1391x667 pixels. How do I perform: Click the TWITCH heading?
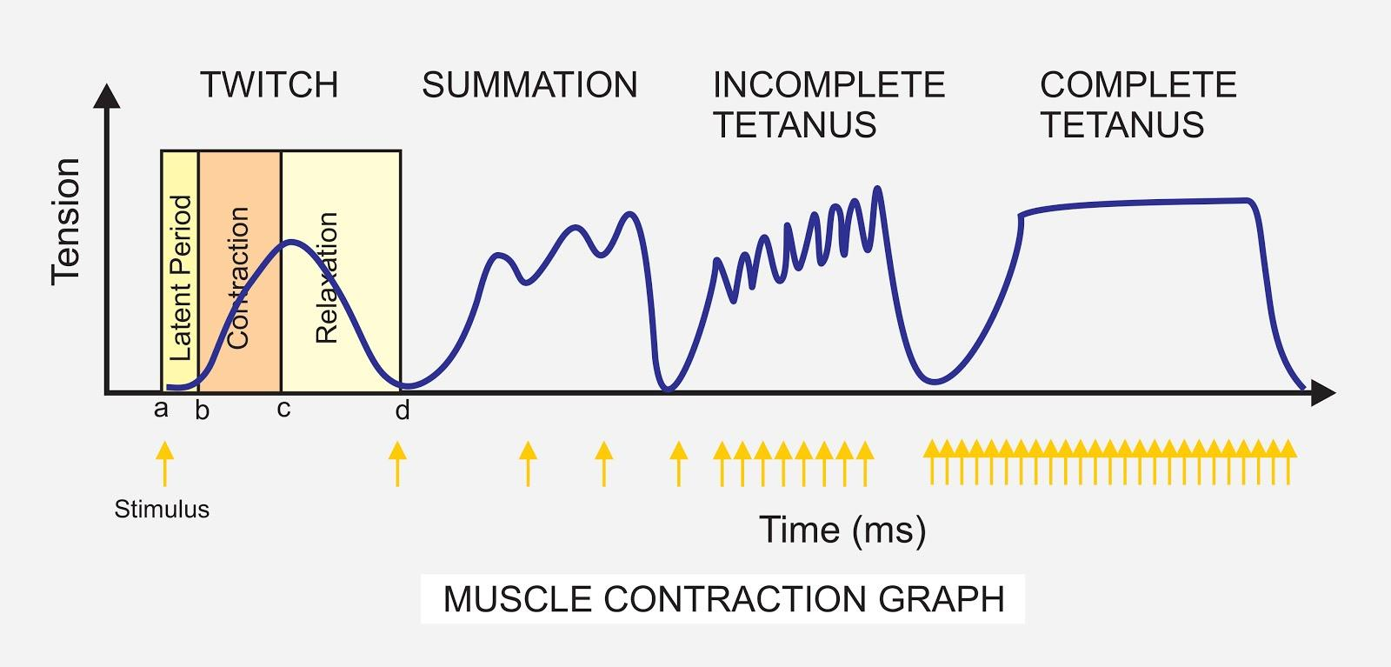coord(269,85)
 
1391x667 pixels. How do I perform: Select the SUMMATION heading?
coord(529,85)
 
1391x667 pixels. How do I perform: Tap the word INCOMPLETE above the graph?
coord(829,85)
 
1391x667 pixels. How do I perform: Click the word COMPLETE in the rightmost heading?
coord(1138,85)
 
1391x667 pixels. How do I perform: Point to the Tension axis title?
coord(66,221)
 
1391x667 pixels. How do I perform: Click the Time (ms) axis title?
coord(842,530)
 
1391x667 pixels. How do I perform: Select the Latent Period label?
coord(180,278)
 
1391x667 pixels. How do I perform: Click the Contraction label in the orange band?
coord(237,278)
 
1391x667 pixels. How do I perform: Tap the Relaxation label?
coord(326,278)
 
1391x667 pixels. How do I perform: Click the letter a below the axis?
coord(161,409)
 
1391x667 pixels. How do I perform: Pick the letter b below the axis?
coord(202,410)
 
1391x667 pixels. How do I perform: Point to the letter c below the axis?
coord(283,409)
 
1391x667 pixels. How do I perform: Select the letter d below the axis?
coord(402,410)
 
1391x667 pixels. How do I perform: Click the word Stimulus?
coord(162,509)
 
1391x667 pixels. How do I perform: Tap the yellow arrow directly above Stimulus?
coord(164,462)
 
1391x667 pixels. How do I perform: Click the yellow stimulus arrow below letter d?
coord(397,462)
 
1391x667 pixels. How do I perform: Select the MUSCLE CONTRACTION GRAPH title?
coord(723,599)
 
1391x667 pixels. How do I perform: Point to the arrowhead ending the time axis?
coord(1322,393)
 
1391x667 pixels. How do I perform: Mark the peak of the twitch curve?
coord(293,241)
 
